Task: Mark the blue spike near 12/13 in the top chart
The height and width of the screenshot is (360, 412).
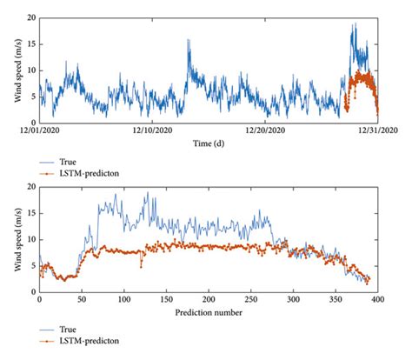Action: tap(189, 41)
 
